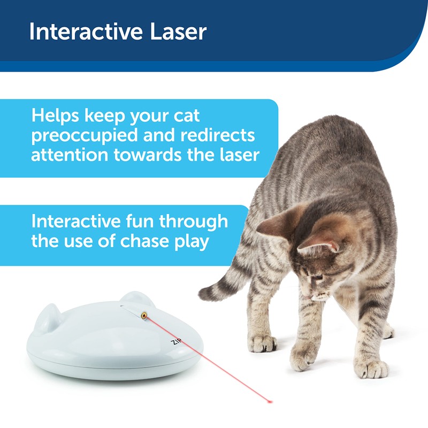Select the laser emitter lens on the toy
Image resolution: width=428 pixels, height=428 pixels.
pyautogui.click(x=144, y=316)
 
